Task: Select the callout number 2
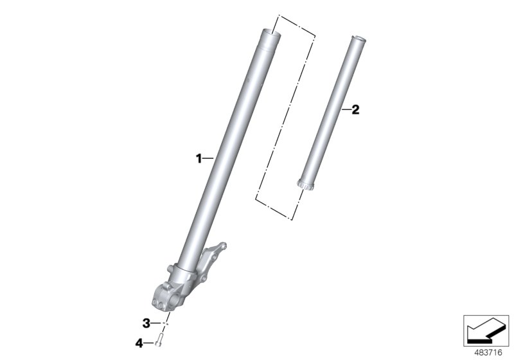coord(355,110)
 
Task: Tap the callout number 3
coord(146,322)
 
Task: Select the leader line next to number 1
coord(209,157)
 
